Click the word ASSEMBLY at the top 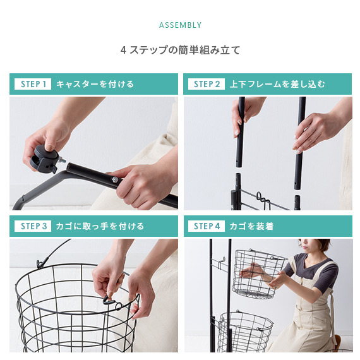(x=180, y=25)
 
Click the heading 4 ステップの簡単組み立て (x=180, y=50)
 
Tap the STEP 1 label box (x=33, y=84)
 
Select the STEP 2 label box (x=207, y=84)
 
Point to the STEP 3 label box (x=33, y=226)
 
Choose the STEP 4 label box (x=207, y=226)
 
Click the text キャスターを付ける (x=95, y=84)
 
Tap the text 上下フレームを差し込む (x=277, y=84)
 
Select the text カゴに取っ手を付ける (x=100, y=226)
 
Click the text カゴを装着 (x=251, y=226)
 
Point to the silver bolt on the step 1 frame (x=115, y=179)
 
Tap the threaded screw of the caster (x=63, y=160)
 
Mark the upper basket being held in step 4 (x=258, y=273)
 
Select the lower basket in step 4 (x=245, y=332)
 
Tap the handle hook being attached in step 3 (x=109, y=299)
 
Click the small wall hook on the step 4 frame (x=220, y=263)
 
